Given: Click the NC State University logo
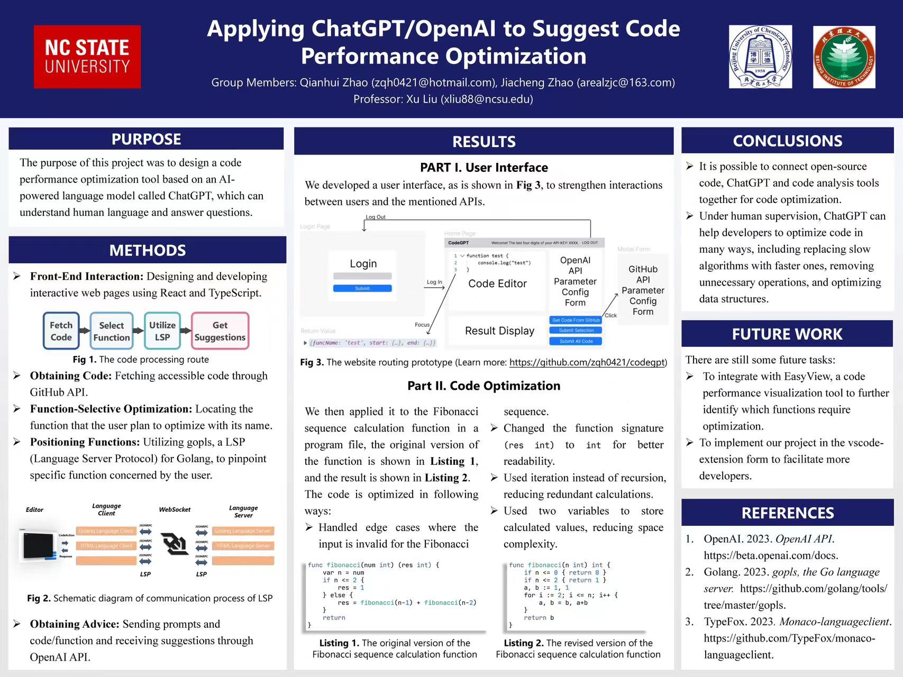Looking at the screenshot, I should pos(87,57).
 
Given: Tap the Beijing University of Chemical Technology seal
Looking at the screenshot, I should pos(760,57).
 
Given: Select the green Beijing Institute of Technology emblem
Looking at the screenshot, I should pos(844,57).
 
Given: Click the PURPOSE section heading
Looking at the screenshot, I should pos(146,139).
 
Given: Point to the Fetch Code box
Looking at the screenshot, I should pos(61,331).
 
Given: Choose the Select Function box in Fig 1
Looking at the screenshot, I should pos(112,331).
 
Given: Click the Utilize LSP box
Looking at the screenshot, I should pos(162,331).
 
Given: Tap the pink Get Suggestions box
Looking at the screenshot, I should pos(220,331).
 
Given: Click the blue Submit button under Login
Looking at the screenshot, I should pos(362,288).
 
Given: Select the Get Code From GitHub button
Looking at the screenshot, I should pos(576,320).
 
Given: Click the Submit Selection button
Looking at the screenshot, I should pos(576,331).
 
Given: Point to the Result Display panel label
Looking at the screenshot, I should pos(499,331).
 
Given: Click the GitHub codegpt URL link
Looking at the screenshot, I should pos(587,362).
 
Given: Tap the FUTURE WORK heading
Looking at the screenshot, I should pos(787,334).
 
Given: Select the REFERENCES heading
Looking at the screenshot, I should pos(787,513).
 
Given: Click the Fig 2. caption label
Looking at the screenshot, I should pos(39,598).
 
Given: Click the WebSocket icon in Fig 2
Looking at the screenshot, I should pos(175,544).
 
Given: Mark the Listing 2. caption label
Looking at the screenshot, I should pos(524,643).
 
